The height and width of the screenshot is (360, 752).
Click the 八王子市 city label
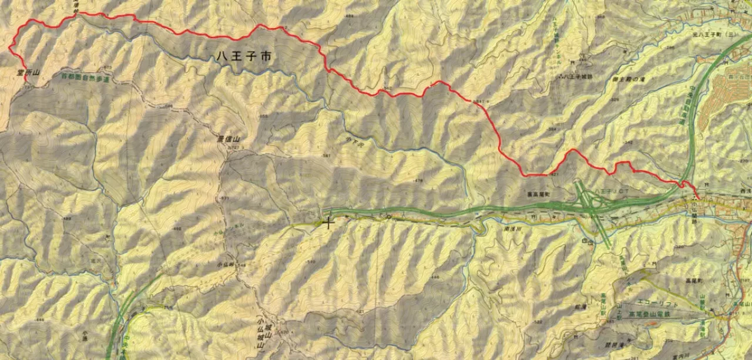pyautogui.click(x=243, y=57)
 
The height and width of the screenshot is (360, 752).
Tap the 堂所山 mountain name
pyautogui.click(x=28, y=73)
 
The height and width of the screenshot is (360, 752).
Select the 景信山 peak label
pyautogui.click(x=229, y=140)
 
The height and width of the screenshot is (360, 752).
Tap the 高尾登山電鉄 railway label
pyautogui.click(x=658, y=315)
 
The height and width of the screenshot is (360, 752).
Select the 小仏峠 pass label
pyautogui.click(x=226, y=265)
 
